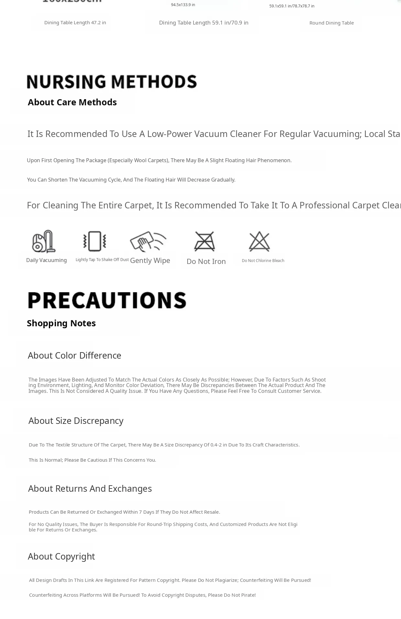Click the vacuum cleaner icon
(44, 241)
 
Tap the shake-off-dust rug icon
(94, 241)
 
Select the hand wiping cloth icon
(148, 241)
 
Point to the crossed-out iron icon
(204, 241)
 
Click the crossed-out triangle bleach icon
(259, 241)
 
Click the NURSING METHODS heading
(112, 81)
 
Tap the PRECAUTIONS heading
(107, 300)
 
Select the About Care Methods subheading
(72, 102)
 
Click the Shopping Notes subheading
(61, 323)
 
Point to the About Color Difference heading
(74, 355)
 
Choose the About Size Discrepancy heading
(76, 421)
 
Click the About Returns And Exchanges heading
(90, 488)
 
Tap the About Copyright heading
(61, 556)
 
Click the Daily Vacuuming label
(47, 260)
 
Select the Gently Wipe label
(150, 260)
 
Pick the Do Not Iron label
(206, 261)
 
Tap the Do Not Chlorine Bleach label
(263, 261)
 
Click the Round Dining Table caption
(331, 23)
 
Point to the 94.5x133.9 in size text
(183, 5)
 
